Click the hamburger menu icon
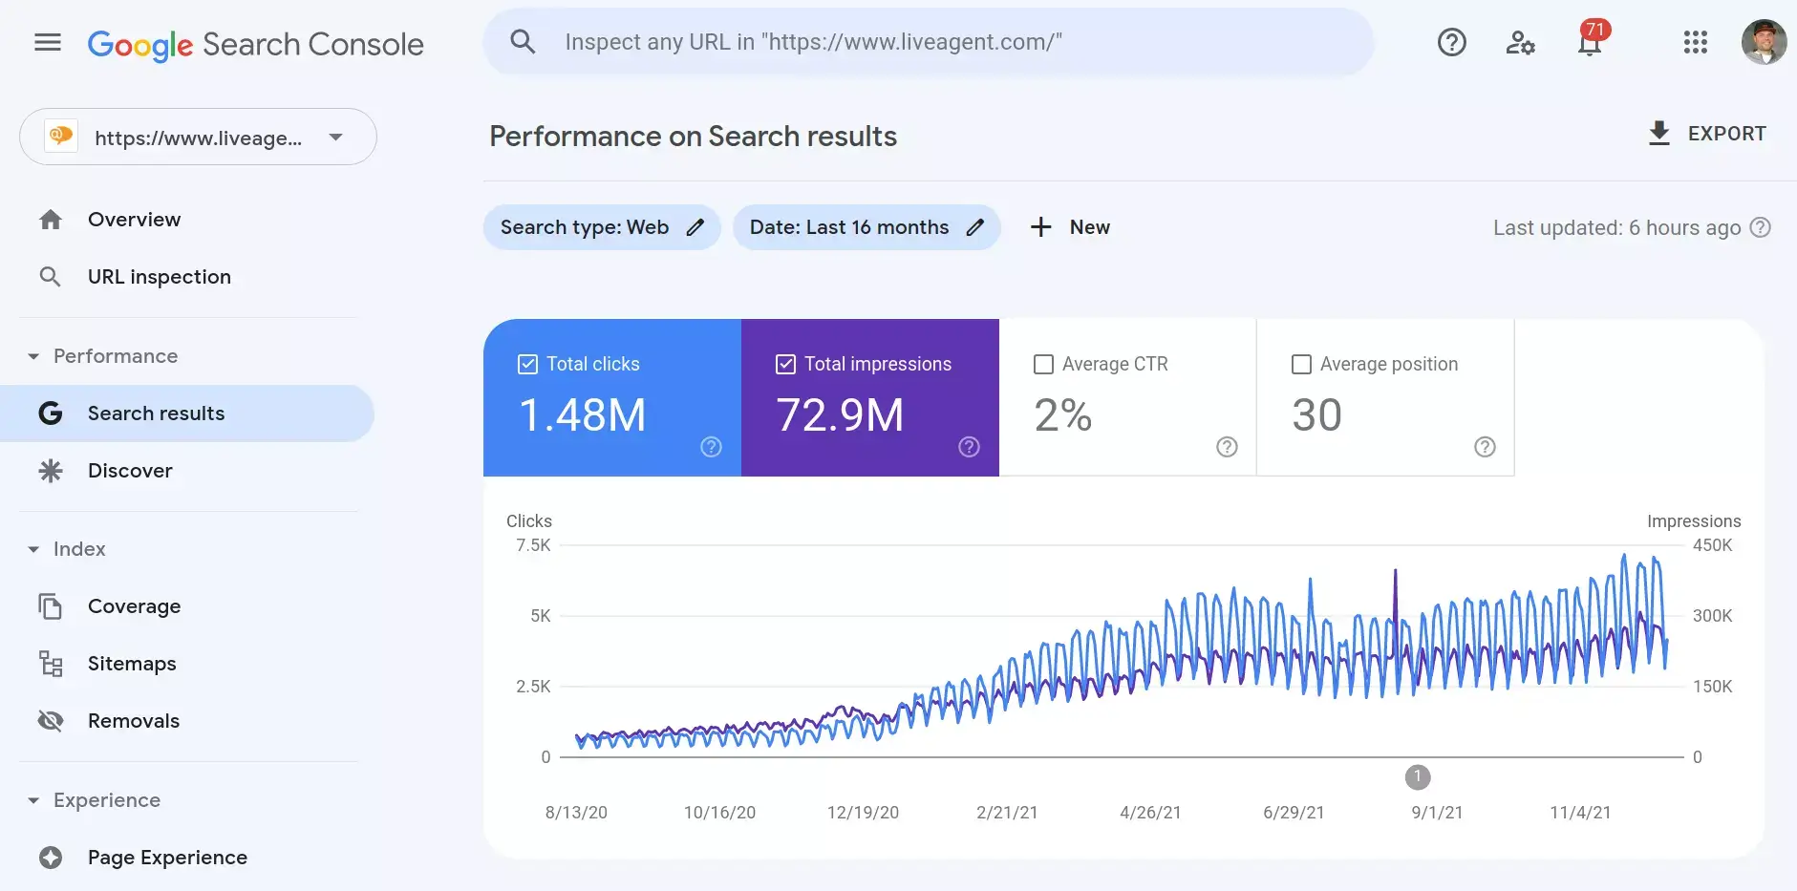pos(48,42)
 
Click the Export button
pos(1707,134)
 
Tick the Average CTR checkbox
pos(1043,365)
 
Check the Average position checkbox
pos(1301,365)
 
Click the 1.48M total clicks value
pos(583,415)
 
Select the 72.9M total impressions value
pos(840,415)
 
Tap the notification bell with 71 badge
pos(1590,42)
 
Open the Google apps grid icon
pos(1695,42)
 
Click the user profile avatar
pos(1764,42)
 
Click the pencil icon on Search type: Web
pos(695,227)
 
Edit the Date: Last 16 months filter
pos(974,227)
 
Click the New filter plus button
pos(1041,227)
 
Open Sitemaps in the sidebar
pos(132,664)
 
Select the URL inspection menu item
pos(159,277)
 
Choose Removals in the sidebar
pos(133,721)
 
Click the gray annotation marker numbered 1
pos(1418,777)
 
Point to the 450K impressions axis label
pos(1712,545)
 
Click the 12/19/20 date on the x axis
pos(863,813)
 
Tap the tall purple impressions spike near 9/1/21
pos(1396,592)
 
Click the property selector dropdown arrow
pos(335,138)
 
